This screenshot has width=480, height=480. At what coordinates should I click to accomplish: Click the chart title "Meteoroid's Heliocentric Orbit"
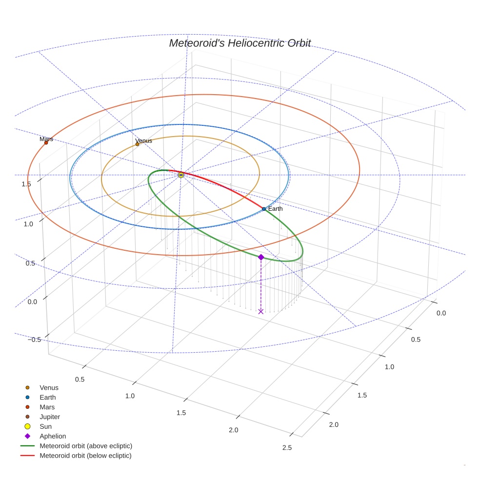pos(240,43)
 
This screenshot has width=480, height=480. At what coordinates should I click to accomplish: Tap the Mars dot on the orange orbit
pos(46,142)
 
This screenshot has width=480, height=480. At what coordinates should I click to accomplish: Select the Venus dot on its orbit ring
pos(137,144)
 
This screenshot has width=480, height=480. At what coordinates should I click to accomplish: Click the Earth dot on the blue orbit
pos(264,209)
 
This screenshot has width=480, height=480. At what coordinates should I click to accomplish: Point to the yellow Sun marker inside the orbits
pos(181,175)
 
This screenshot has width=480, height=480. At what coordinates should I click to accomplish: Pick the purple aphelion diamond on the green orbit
pos(261,257)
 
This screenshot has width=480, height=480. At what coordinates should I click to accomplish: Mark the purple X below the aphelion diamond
pos(261,311)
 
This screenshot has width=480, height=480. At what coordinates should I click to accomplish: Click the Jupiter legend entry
pos(49,417)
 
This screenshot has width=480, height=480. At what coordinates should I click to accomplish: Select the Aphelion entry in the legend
pos(52,436)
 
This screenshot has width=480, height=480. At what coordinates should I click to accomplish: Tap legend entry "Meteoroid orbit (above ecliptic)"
pos(85,446)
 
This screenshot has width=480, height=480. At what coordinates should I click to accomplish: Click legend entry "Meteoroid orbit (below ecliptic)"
pos(85,456)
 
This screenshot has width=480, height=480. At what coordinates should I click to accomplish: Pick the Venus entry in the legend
pos(49,388)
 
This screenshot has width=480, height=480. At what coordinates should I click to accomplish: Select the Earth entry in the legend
pos(47,398)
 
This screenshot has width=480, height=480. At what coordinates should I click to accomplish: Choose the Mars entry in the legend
pos(47,407)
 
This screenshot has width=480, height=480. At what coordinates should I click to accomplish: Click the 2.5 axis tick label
pos(287,448)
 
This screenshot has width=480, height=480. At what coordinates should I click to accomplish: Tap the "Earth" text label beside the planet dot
pos(275,209)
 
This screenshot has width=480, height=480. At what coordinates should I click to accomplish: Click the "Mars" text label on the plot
pos(46,139)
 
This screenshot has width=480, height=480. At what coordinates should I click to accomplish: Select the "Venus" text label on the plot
pos(143,140)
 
